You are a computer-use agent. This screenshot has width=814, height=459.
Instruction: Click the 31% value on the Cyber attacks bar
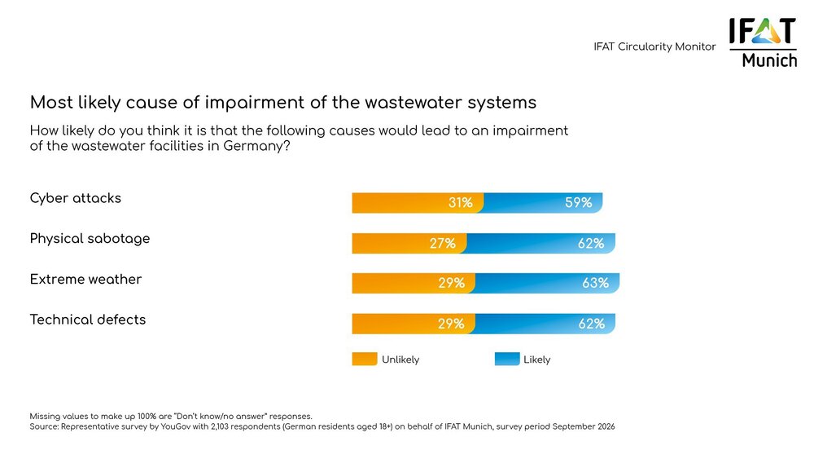[460, 203]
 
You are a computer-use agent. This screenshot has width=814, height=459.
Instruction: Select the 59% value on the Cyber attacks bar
[579, 203]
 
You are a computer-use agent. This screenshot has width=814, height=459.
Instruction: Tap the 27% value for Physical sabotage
[443, 243]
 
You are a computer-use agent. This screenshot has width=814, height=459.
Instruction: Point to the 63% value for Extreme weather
[596, 283]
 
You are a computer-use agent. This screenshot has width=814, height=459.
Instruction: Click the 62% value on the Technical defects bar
[592, 324]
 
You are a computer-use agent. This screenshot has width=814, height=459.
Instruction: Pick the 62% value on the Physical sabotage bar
[591, 243]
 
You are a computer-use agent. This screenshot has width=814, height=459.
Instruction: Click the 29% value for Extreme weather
[451, 283]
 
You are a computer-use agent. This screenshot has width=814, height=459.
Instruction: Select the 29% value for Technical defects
[451, 324]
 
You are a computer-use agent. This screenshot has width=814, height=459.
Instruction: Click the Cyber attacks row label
[76, 198]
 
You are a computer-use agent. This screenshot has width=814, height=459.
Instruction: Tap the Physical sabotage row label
[90, 239]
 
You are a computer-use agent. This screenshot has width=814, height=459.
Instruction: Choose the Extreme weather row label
[85, 279]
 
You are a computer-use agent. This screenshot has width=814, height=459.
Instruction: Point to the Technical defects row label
[88, 320]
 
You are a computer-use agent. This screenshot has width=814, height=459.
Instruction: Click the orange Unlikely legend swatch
[365, 359]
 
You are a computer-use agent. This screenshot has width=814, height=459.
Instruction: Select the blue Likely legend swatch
[507, 359]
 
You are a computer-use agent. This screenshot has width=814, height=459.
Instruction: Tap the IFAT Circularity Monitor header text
[654, 47]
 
